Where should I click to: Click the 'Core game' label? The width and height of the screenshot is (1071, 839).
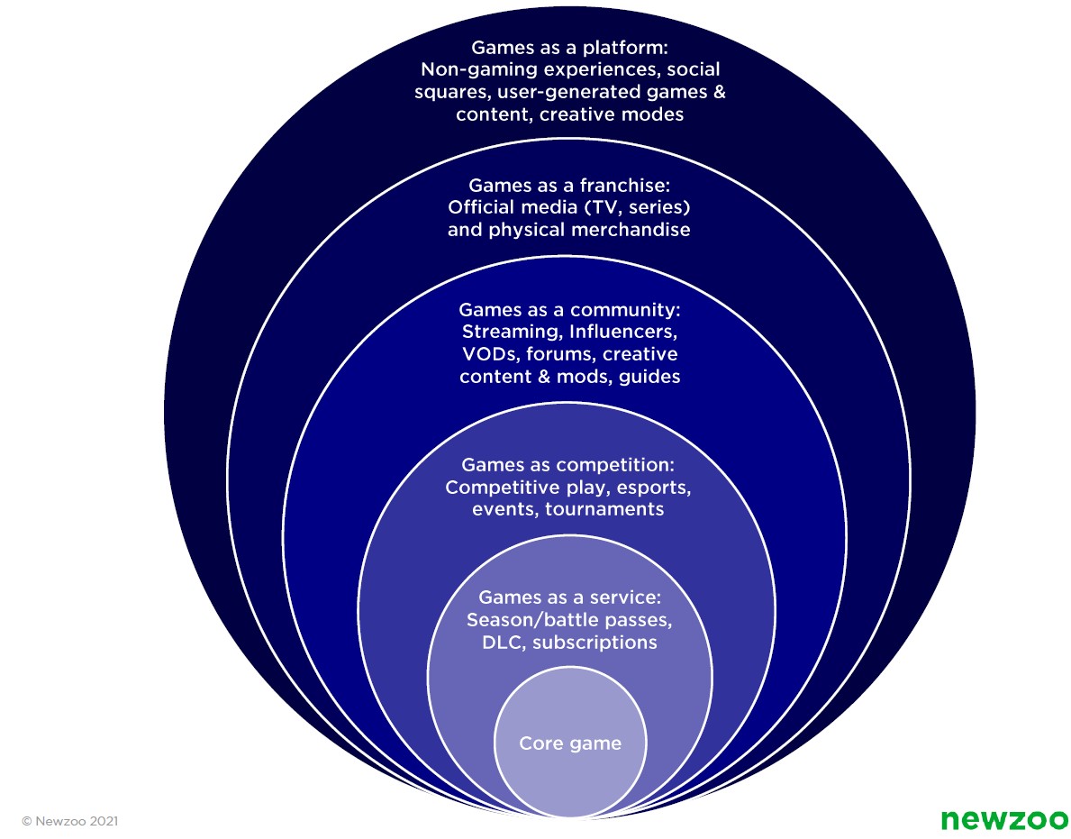coord(569,743)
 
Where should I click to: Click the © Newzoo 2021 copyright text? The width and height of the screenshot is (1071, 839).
coord(69,821)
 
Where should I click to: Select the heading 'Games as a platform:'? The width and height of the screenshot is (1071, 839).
coord(569,47)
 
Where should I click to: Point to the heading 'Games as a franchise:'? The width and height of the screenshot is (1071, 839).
coord(569,185)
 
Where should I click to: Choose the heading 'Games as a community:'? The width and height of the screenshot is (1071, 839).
coord(569,309)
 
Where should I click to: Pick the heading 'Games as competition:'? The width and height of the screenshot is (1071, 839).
coord(569,465)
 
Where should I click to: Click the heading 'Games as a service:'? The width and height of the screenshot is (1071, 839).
coord(569,597)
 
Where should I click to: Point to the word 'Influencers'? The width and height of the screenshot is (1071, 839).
coord(620,332)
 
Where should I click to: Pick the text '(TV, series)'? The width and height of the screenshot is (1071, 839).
coord(643,207)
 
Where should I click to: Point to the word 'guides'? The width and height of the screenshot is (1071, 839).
coord(649,377)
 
